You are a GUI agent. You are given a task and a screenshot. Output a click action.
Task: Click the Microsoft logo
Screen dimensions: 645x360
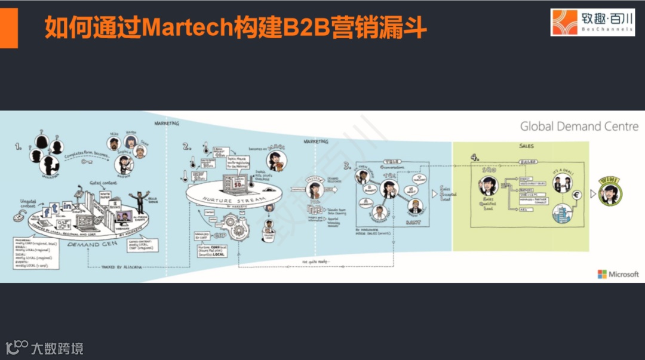618,274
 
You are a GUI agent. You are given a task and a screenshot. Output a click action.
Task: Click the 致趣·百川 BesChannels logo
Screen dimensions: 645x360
592,23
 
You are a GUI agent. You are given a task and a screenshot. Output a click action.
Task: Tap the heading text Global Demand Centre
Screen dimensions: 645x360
579,127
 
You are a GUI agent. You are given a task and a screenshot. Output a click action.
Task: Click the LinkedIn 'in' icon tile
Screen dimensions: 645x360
67,207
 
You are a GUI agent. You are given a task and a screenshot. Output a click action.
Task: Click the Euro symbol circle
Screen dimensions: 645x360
577,195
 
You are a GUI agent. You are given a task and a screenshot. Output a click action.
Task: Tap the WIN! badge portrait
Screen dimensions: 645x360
609,192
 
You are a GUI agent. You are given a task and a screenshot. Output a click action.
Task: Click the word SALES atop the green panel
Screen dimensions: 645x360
526,145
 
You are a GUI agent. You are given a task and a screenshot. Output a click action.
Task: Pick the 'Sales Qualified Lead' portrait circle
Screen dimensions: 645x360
487,186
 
